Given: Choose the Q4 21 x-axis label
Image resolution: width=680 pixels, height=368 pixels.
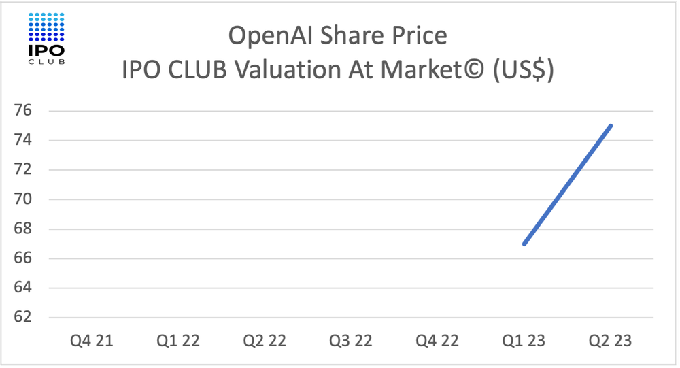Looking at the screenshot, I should click(92, 341).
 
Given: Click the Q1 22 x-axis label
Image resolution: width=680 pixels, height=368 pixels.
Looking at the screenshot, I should click(178, 341).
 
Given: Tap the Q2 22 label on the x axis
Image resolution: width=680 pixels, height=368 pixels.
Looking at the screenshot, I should click(265, 341).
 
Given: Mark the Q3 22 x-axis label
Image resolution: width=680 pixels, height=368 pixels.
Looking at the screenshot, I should click(351, 341).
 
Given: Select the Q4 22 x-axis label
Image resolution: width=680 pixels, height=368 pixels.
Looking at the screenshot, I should click(437, 341).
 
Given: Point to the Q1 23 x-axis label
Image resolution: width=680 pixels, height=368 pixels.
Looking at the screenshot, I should click(524, 341).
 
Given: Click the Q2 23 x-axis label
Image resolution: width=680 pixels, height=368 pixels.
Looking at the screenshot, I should click(610, 341).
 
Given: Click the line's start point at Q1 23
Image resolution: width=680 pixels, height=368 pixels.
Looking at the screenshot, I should click(524, 244).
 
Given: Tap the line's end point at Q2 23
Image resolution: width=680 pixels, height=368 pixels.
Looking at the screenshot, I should click(611, 126).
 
